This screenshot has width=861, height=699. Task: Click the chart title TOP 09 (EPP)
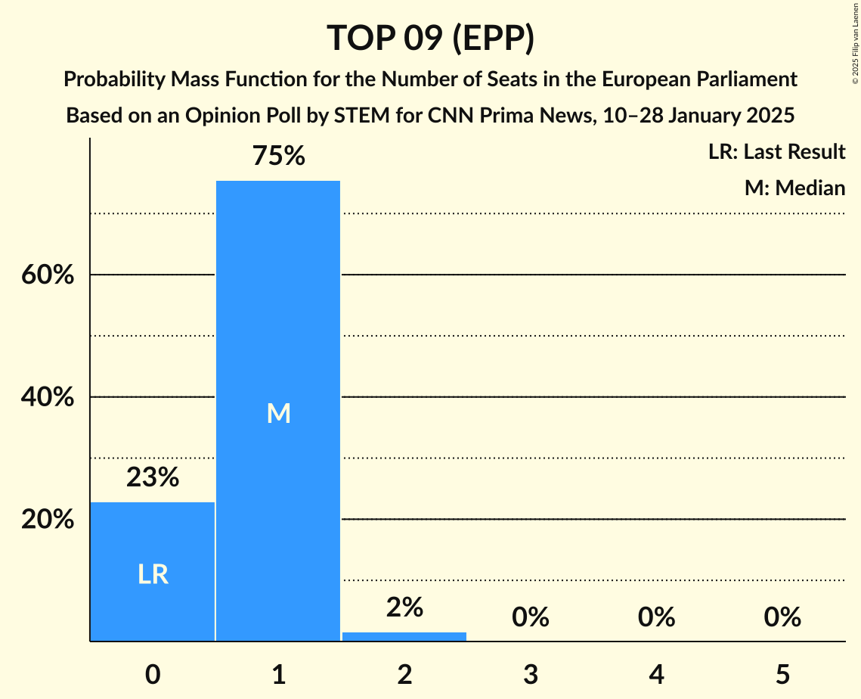(x=430, y=39)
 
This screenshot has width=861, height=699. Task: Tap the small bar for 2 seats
(x=404, y=636)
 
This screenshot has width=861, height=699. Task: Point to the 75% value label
(x=278, y=157)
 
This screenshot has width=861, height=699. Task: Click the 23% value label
(x=153, y=477)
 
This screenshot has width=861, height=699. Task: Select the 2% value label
(x=404, y=607)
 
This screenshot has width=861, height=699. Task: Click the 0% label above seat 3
(x=530, y=617)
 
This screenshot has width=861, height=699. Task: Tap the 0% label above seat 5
(x=782, y=617)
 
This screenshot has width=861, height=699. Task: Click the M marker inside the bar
(x=278, y=413)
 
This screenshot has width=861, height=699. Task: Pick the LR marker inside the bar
(x=153, y=575)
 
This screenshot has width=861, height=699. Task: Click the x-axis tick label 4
(x=656, y=673)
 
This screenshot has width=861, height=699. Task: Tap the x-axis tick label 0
(x=153, y=673)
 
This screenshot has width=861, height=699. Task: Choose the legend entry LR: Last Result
(x=776, y=152)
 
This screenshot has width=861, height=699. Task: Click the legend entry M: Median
(x=794, y=188)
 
